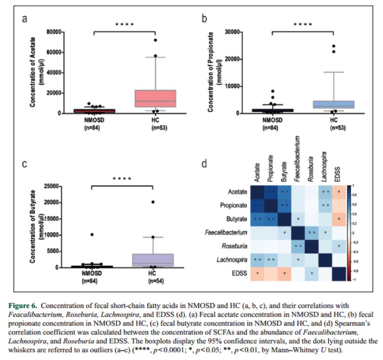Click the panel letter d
tap(204, 164)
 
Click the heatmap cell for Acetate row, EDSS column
tap(338, 191)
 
